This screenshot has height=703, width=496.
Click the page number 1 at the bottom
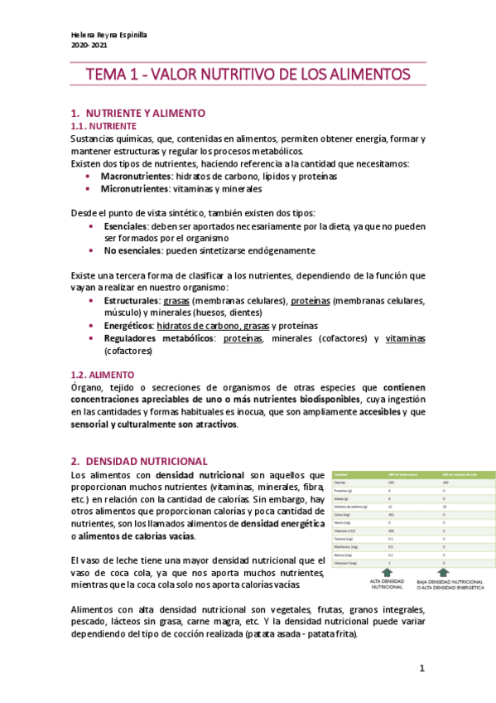[421, 668]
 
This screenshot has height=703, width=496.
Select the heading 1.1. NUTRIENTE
[102, 126]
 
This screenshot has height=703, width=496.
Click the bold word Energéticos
[128, 326]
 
